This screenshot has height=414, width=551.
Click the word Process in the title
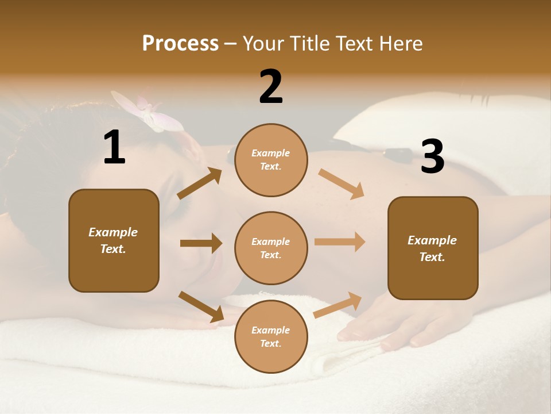[x=180, y=44]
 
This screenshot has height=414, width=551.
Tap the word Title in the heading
[x=309, y=44]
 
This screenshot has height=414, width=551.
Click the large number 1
[x=114, y=148]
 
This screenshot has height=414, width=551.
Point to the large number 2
[x=271, y=87]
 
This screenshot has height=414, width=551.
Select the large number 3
[x=432, y=156]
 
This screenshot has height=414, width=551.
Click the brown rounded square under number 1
[x=114, y=240]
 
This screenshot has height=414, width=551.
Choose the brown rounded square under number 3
[x=433, y=248]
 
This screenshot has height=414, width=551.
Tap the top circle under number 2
[x=271, y=160]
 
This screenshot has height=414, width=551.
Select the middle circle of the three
[x=271, y=248]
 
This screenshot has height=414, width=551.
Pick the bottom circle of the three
[x=271, y=336]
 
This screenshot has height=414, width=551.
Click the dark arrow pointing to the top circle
[x=200, y=183]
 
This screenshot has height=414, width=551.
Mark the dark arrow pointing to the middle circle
[x=201, y=243]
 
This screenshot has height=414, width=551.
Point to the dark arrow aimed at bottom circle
[x=201, y=306]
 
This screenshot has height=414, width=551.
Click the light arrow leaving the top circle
[x=341, y=184]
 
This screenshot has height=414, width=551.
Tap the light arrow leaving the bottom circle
[x=337, y=305]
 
